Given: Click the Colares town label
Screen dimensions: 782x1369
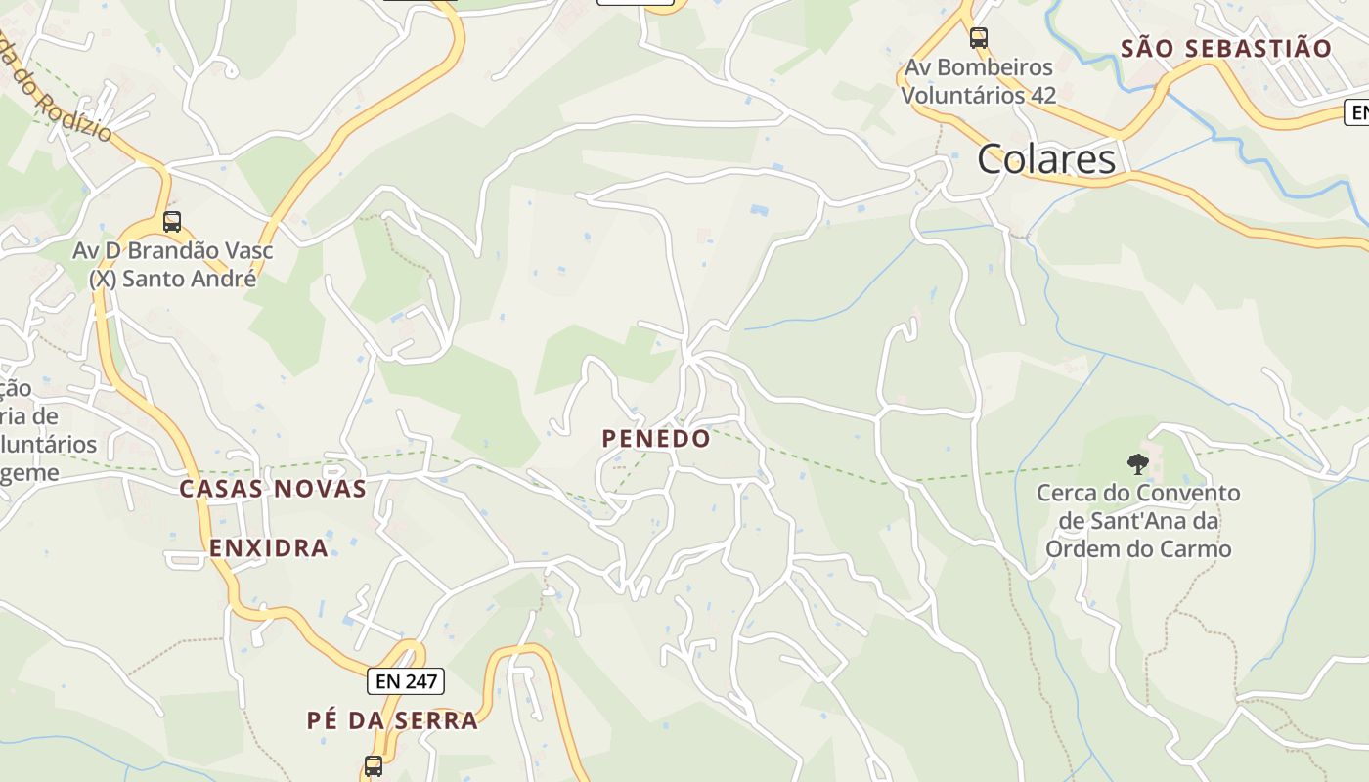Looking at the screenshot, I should click(1045, 159).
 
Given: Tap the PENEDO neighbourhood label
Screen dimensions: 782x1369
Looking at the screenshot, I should click(656, 439).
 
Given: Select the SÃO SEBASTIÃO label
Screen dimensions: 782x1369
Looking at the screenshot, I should click(1226, 49).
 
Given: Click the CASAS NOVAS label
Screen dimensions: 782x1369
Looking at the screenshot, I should click(273, 489).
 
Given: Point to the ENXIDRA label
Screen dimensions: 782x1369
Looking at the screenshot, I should click(269, 547).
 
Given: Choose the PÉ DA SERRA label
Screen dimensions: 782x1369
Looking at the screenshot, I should click(392, 720).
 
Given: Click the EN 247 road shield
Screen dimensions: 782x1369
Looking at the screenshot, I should click(406, 681).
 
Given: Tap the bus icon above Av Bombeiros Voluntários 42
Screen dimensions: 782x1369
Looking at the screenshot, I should click(978, 38).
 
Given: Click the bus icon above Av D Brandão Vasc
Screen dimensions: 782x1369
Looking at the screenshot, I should click(172, 222).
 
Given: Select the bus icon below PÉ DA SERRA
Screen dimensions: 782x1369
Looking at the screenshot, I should click(374, 765).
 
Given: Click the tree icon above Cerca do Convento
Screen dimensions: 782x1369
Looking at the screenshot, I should click(1137, 463).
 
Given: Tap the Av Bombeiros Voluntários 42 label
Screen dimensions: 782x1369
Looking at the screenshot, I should click(978, 81).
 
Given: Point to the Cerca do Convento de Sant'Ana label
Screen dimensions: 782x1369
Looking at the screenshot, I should click(1137, 520).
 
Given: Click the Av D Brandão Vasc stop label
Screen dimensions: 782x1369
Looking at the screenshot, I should click(173, 264).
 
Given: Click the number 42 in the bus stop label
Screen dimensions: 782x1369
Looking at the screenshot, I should click(1043, 95).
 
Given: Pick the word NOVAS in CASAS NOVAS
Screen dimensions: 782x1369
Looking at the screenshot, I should click(324, 489).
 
